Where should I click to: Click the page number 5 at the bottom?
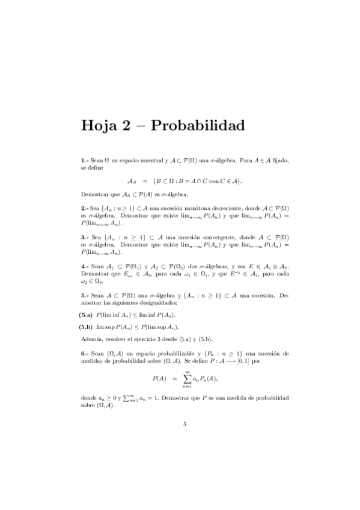tap(185, 425)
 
